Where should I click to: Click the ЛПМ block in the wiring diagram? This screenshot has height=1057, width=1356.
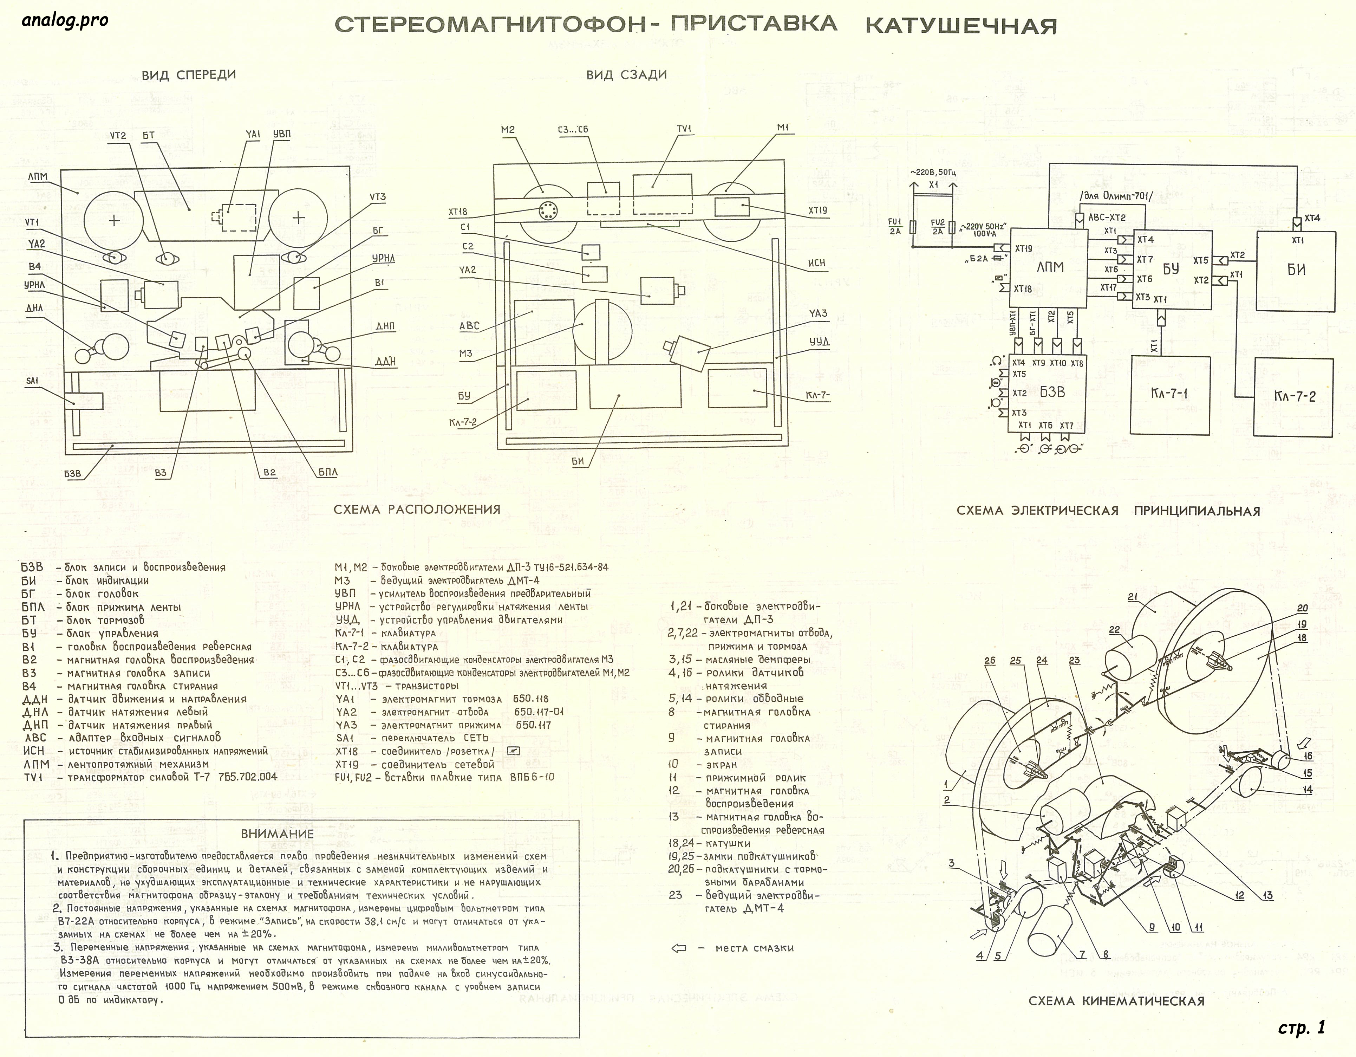pyautogui.click(x=1049, y=268)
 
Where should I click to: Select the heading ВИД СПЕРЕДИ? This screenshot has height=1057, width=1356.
pyautogui.click(x=189, y=75)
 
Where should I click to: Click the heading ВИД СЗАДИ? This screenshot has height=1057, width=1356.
pyautogui.click(x=626, y=75)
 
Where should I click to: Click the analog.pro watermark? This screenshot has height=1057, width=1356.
pyautogui.click(x=65, y=20)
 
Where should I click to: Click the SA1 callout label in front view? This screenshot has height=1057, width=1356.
pyautogui.click(x=32, y=381)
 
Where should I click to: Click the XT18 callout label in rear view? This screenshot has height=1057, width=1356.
pyautogui.click(x=458, y=212)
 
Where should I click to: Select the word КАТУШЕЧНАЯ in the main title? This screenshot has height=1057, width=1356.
pyautogui.click(x=960, y=26)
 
